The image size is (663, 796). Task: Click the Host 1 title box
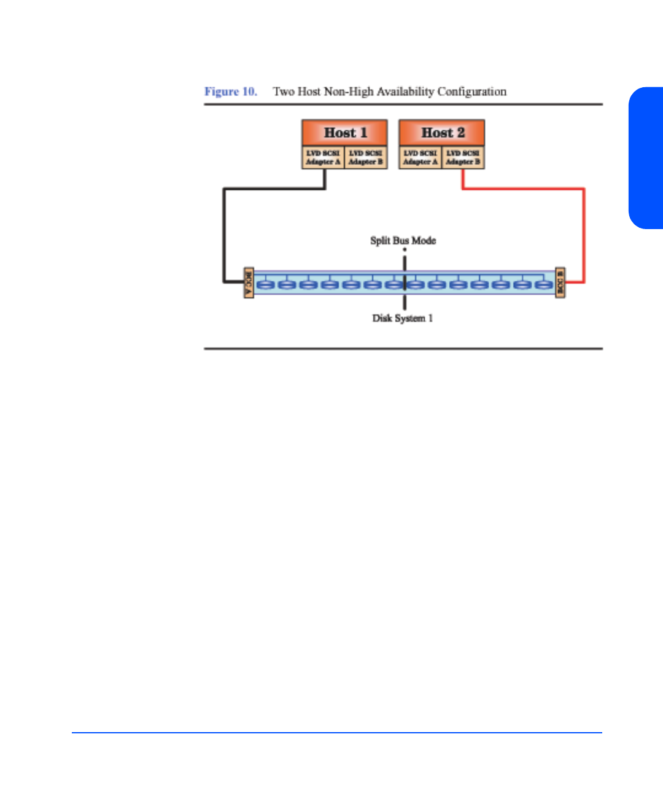344,133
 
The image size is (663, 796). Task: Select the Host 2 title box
442,133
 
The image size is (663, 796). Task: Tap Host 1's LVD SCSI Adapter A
323,157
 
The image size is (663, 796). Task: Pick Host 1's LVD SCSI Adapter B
366,157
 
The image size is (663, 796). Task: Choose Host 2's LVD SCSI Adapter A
421,157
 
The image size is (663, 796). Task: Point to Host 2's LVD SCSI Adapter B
463,157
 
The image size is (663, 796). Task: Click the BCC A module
249,283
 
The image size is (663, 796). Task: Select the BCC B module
560,283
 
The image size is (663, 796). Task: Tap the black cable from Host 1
225,233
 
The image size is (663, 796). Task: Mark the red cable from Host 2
584,233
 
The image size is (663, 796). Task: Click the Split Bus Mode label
403,240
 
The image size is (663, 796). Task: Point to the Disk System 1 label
402,318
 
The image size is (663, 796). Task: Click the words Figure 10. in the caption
231,92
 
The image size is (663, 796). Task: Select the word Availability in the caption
405,92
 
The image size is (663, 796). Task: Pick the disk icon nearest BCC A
265,284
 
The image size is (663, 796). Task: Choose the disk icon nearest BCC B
544,284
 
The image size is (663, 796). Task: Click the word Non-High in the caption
348,92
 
